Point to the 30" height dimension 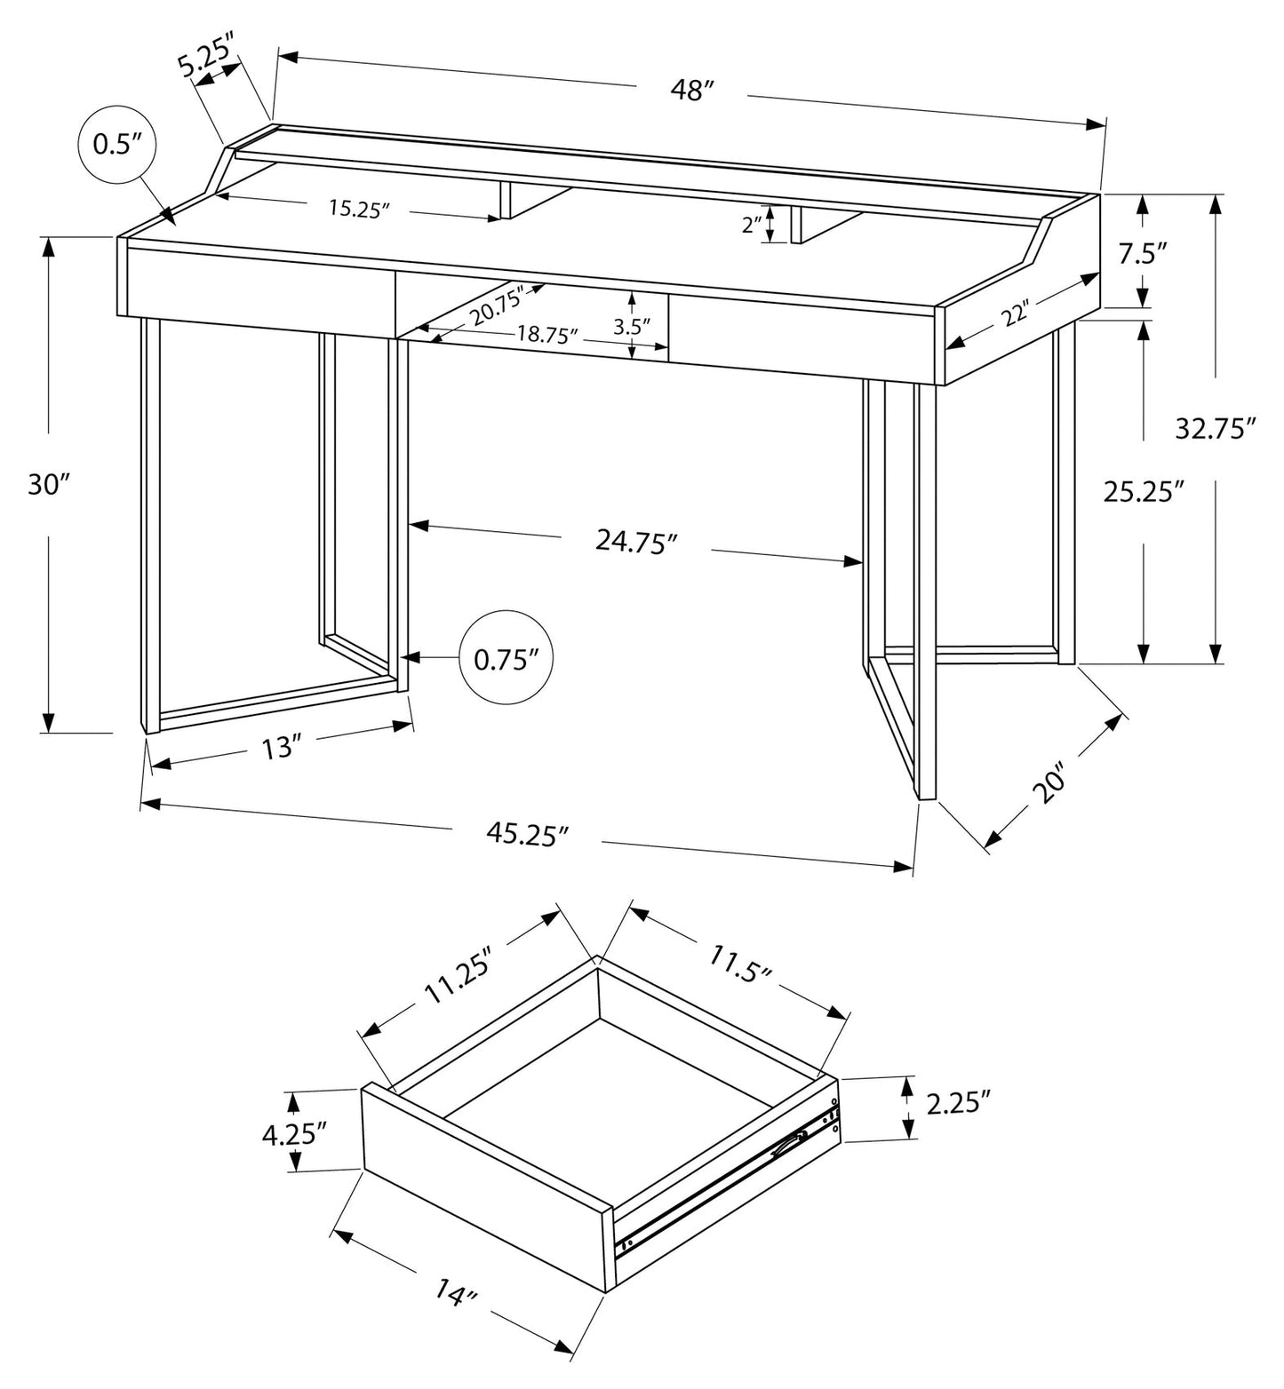pyautogui.click(x=48, y=485)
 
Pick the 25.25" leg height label pyautogui.click(x=1144, y=491)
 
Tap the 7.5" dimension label pyautogui.click(x=1142, y=254)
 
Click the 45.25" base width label pyautogui.click(x=527, y=834)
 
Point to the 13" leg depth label pyautogui.click(x=277, y=749)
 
